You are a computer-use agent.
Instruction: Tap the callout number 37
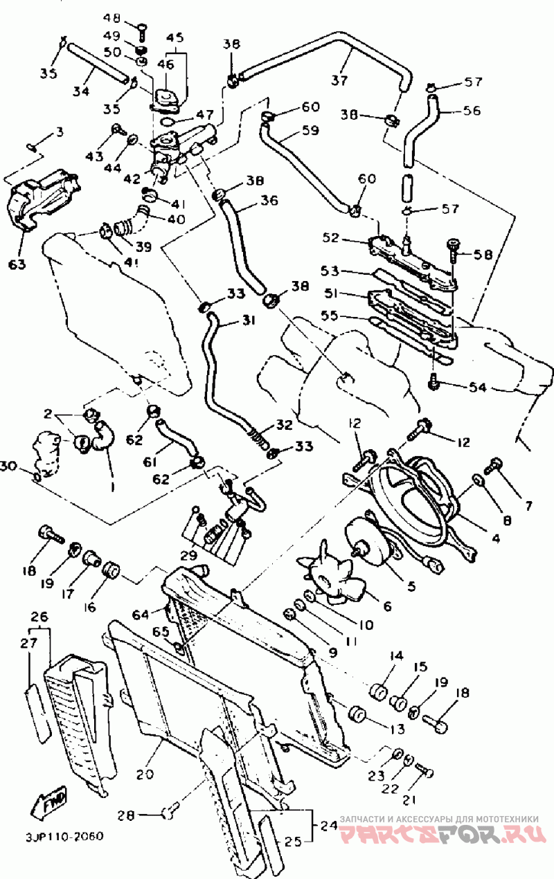(x=339, y=80)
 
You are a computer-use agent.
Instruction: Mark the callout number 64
(x=141, y=614)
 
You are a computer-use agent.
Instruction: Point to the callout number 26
(x=39, y=616)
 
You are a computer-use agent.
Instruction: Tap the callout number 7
(x=528, y=506)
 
